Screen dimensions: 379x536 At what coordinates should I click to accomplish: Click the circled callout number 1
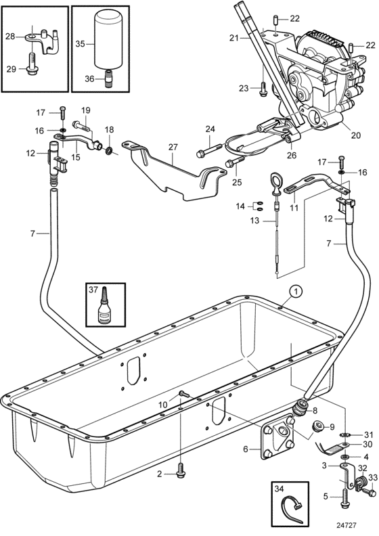296,292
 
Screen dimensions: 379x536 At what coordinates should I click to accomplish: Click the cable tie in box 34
292,509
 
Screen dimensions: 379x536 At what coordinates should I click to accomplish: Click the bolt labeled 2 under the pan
180,473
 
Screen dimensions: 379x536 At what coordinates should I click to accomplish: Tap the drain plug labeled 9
318,426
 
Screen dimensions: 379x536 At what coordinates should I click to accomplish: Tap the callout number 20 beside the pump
356,135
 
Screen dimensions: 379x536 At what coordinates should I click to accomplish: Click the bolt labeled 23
263,87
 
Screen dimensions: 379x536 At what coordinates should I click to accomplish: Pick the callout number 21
233,38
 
